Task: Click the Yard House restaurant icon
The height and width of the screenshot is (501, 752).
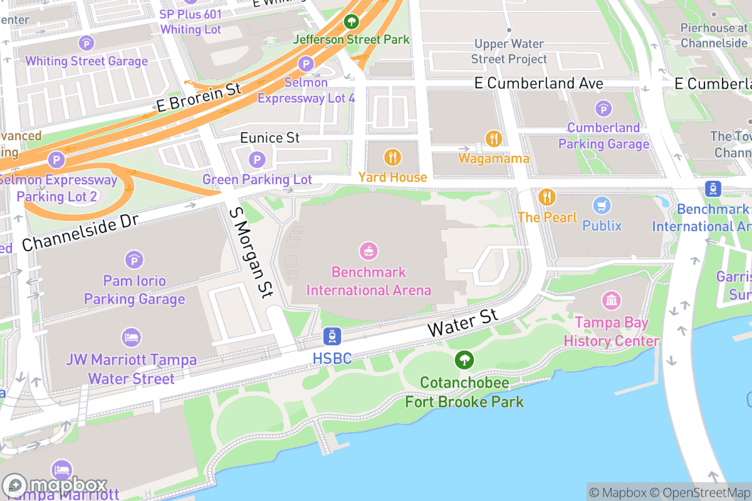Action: point(393,157)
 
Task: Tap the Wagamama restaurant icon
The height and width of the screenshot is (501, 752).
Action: point(494,138)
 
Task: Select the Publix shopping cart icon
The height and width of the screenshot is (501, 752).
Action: point(602,205)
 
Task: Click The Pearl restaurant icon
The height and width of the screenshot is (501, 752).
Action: point(547,197)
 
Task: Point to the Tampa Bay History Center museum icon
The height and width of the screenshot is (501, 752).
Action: point(612,301)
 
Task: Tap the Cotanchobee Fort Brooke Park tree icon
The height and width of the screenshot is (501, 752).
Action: point(464,359)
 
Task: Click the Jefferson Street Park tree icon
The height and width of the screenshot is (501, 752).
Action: point(352,22)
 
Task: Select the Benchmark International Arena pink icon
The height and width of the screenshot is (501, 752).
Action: point(368,252)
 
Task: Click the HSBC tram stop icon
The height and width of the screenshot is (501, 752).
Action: point(332,336)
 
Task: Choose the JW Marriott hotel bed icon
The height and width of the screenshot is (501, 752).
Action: point(131,338)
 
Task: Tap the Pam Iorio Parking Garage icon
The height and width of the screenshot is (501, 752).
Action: point(134,259)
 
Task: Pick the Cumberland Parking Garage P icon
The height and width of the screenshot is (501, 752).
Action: point(603,108)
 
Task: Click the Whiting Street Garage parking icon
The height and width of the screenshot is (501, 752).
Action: point(86,43)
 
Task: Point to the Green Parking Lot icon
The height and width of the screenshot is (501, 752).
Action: point(257,160)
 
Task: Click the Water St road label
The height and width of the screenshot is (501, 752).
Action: point(462,321)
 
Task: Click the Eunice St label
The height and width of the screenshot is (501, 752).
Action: point(270,137)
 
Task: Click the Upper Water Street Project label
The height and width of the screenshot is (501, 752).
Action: point(509,51)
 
